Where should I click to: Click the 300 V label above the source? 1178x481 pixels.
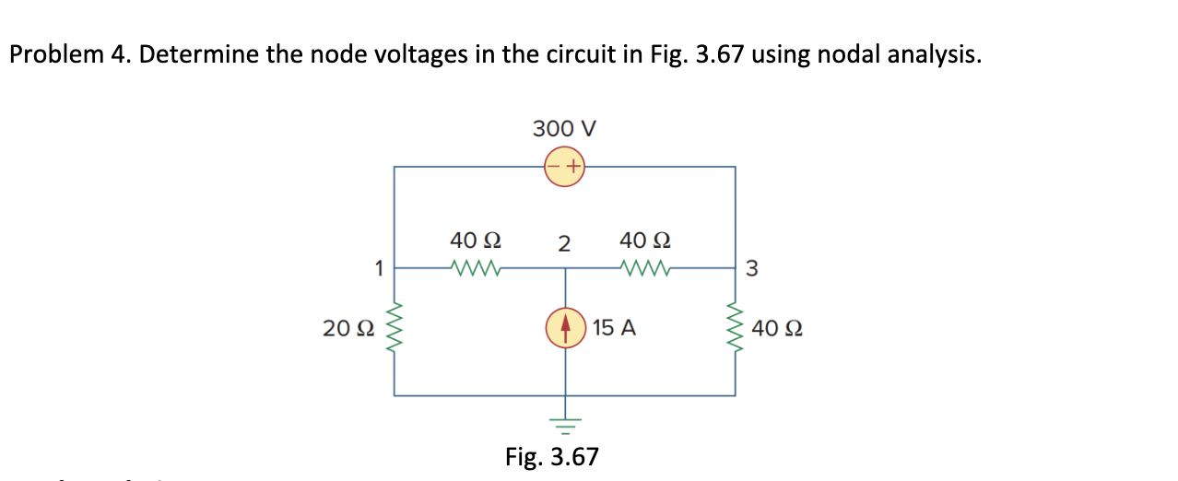pyautogui.click(x=564, y=128)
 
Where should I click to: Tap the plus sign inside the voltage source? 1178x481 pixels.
pyautogui.click(x=573, y=167)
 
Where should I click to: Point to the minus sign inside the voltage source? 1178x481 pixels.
pyautogui.click(x=555, y=167)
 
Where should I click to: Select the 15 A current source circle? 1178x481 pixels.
pyautogui.click(x=565, y=327)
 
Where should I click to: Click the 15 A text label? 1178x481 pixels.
pyautogui.click(x=615, y=328)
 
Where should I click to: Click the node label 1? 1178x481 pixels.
pyautogui.click(x=378, y=268)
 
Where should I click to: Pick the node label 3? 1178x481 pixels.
pyautogui.click(x=750, y=269)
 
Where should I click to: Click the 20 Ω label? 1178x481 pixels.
pyautogui.click(x=348, y=328)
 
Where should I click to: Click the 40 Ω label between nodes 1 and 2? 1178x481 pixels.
pyautogui.click(x=476, y=241)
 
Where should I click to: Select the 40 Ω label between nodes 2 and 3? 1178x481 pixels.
pyautogui.click(x=645, y=241)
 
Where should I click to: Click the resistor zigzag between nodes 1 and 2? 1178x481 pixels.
pyautogui.click(x=476, y=269)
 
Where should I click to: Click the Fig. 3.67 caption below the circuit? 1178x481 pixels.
pyautogui.click(x=552, y=456)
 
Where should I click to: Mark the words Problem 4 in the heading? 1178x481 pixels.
pyautogui.click(x=70, y=55)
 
